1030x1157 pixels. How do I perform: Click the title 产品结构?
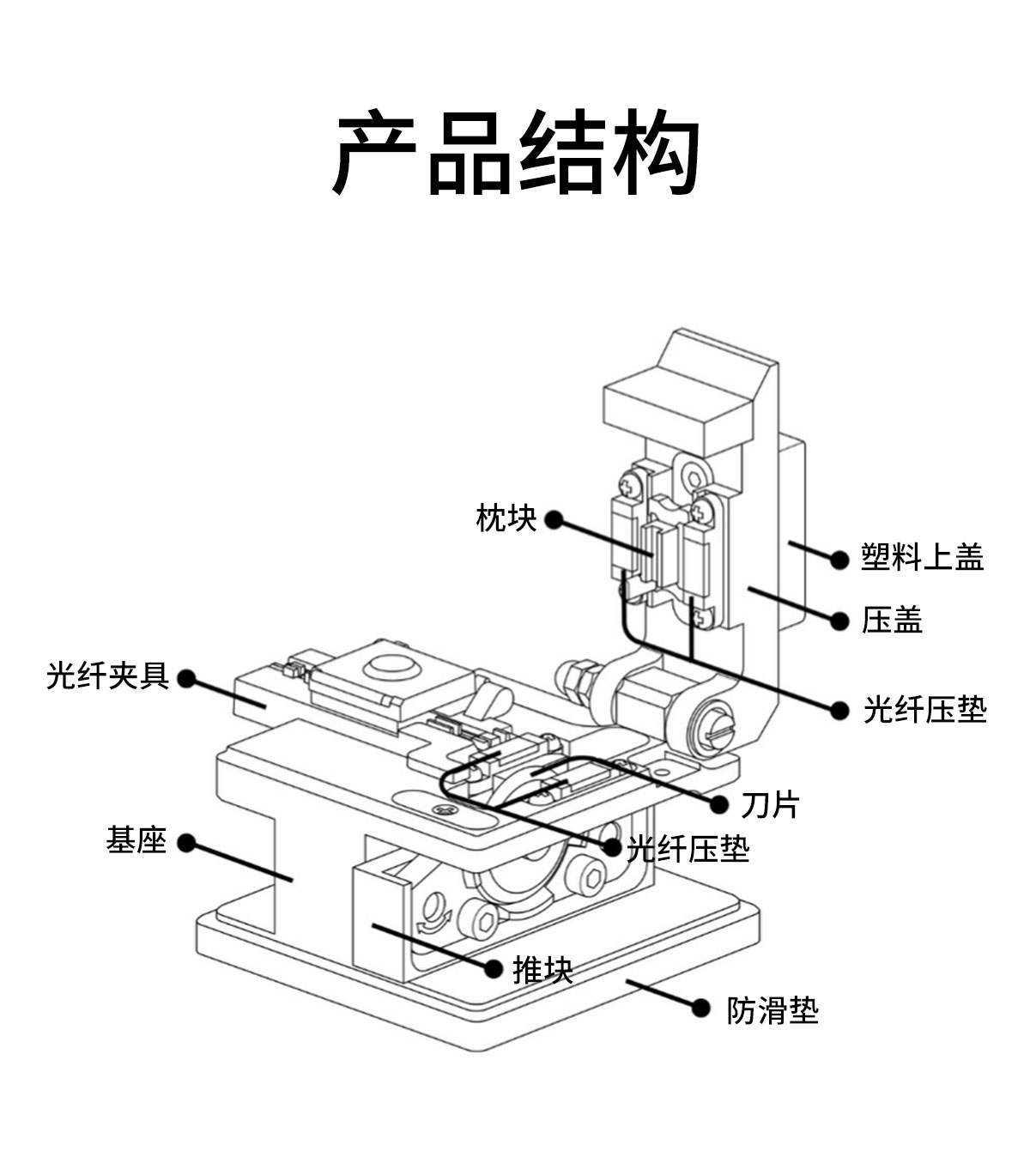[515, 153]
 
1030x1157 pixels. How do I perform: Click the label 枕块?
[506, 519]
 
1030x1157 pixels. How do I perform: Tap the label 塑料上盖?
[922, 558]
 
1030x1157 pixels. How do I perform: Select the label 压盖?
[892, 620]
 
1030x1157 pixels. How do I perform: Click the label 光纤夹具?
[107, 676]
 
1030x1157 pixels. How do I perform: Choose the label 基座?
[136, 841]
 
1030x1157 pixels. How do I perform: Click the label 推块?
[542, 970]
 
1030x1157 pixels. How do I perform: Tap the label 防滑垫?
[772, 1010]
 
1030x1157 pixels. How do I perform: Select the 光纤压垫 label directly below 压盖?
[924, 710]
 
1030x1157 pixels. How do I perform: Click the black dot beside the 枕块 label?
[554, 519]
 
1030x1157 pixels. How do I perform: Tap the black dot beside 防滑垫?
[701, 1009]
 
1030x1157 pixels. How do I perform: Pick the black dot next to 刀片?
[720, 804]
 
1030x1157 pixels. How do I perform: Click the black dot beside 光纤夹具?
[185, 680]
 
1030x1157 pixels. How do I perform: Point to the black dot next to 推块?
[494, 969]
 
